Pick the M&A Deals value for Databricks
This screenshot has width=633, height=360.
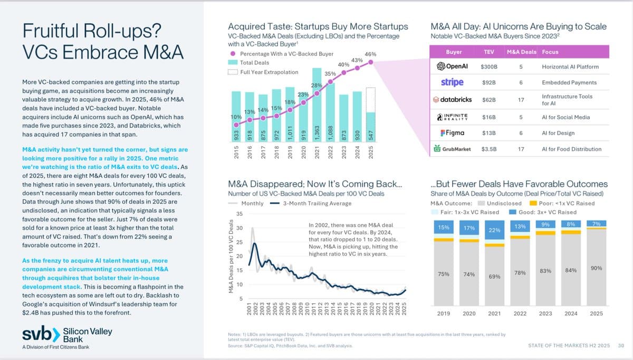click(521, 99)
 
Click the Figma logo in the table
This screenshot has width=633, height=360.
click(452, 133)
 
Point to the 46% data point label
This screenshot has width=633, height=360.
click(370, 54)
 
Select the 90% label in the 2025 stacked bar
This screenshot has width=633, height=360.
click(596, 269)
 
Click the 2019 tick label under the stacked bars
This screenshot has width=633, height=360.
click(444, 314)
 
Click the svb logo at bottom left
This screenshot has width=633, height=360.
click(41, 335)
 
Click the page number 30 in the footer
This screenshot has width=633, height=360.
click(621, 345)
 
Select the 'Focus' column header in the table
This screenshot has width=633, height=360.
click(550, 52)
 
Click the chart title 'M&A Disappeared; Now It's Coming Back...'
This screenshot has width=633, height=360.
click(315, 184)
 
